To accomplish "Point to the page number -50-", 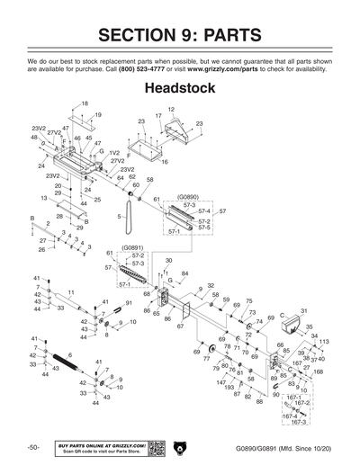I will pos(32,447).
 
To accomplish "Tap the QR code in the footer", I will pos(155,447).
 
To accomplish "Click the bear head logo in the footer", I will pos(180,447).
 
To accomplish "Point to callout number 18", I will pos(85,104).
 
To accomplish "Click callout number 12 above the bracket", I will pos(171,109).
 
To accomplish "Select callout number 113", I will pos(324,342).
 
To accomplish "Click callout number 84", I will pos(184,273).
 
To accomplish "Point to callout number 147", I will pos(220,382).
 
